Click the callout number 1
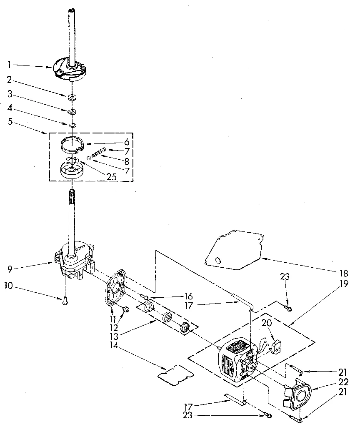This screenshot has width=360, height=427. pyautogui.click(x=9, y=64)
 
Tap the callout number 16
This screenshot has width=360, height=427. pyautogui.click(x=188, y=296)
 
